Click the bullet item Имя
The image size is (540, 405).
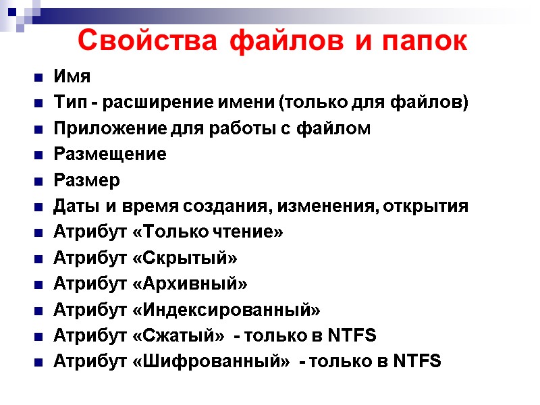72,77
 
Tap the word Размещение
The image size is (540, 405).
109,155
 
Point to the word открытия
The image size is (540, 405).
425,206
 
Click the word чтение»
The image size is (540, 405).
250,232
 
